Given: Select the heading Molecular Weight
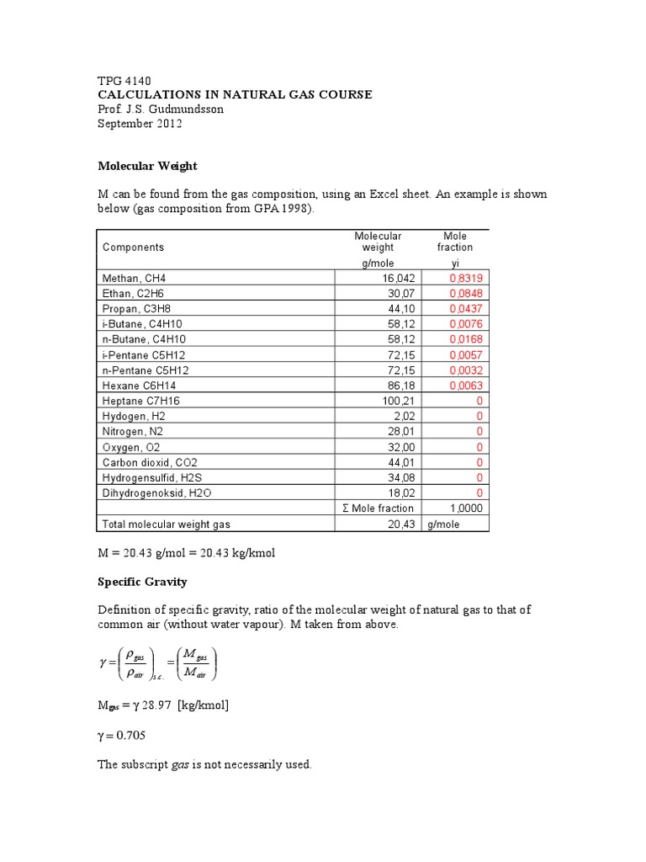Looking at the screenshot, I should (x=148, y=167).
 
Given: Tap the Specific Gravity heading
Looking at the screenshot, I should (x=143, y=582).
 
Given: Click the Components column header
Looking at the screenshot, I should (x=133, y=247).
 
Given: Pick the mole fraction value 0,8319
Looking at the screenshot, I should (x=467, y=278).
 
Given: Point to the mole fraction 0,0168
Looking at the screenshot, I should (x=467, y=340).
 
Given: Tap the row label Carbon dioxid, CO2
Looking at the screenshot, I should (x=150, y=463).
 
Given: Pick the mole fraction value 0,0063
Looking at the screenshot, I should (x=467, y=386).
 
